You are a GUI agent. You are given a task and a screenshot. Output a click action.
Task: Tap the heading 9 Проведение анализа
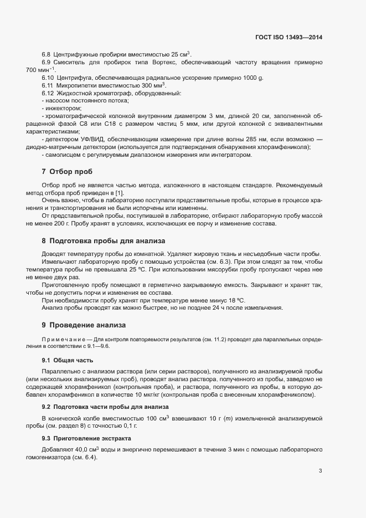[x=83, y=324]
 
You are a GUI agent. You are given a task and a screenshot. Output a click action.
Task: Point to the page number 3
[x=320, y=470]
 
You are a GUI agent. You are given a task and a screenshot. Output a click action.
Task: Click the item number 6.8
[x=47, y=55]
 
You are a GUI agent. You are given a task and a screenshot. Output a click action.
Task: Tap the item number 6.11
[x=47, y=86]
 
